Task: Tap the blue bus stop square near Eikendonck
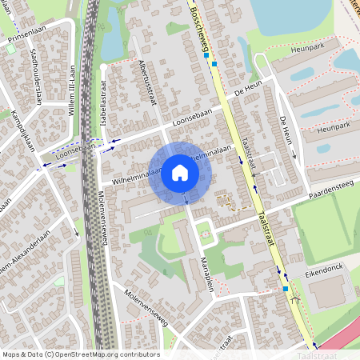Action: (285, 288)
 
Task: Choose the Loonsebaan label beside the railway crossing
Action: (77, 149)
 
